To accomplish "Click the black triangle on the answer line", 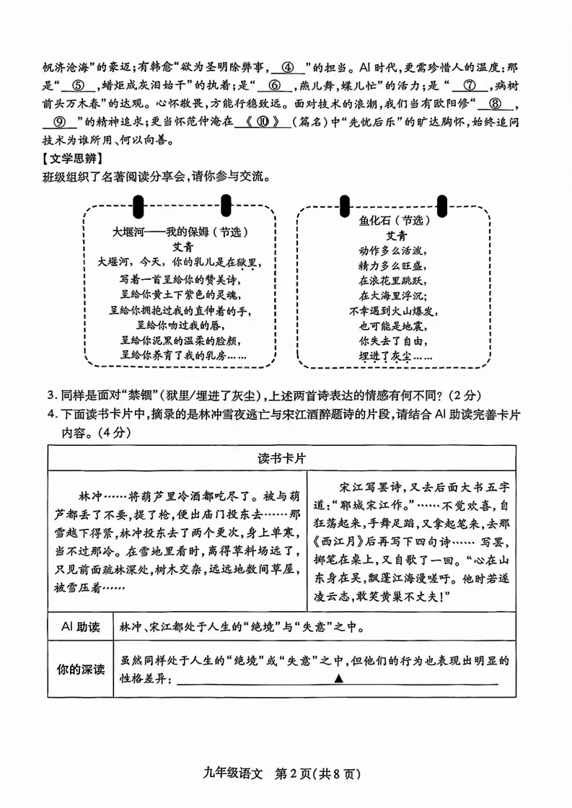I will tap(338, 678).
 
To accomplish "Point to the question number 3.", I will tap(50, 395).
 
